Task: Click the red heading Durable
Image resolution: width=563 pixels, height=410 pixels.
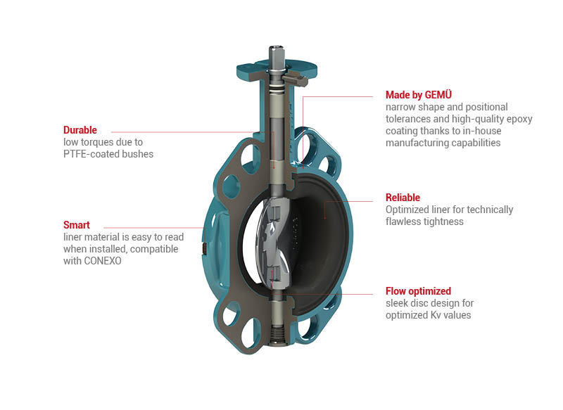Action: [80, 130]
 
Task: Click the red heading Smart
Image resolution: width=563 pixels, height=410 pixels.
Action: [77, 225]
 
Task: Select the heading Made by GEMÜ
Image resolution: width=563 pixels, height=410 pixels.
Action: [419, 95]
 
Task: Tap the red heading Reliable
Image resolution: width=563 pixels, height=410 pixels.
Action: [403, 198]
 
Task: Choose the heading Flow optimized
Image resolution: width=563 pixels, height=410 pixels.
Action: [418, 291]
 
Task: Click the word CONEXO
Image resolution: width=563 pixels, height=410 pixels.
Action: [102, 261]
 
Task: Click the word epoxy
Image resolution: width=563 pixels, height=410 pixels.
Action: [519, 120]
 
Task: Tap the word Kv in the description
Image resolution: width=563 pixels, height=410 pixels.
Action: [435, 315]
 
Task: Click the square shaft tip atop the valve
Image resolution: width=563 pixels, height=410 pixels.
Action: [276, 53]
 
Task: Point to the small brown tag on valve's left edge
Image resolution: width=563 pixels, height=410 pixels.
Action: [204, 249]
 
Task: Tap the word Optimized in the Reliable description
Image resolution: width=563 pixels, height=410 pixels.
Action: [407, 210]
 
